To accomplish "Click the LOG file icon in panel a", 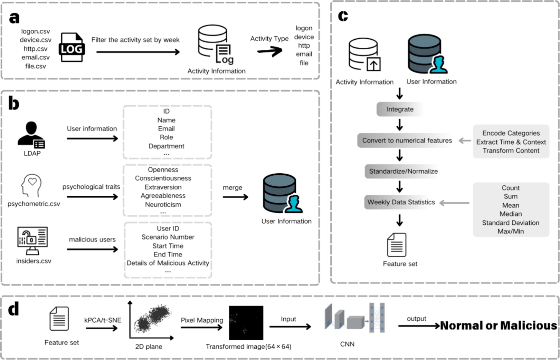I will (x=72, y=48).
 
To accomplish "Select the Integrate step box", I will (x=400, y=109).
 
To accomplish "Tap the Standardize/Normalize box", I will (x=403, y=171).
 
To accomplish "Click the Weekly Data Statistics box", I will (x=401, y=202).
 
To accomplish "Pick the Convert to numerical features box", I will (x=407, y=140).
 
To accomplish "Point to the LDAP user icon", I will (x=31, y=135).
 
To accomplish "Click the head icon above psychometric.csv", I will (x=31, y=185).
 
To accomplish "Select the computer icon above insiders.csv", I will (x=32, y=241).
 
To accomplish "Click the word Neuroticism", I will (x=163, y=204).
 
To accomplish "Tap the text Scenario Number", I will (x=168, y=237).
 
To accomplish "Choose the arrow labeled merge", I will (x=235, y=197).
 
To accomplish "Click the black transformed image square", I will (x=246, y=323).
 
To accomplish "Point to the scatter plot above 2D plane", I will (x=152, y=319).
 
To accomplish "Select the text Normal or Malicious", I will (x=499, y=325).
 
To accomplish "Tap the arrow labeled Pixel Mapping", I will (x=201, y=327).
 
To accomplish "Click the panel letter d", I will (x=14, y=309).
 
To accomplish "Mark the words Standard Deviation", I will (x=511, y=223).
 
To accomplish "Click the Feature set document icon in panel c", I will (x=396, y=245).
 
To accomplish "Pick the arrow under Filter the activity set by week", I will (x=138, y=52).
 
